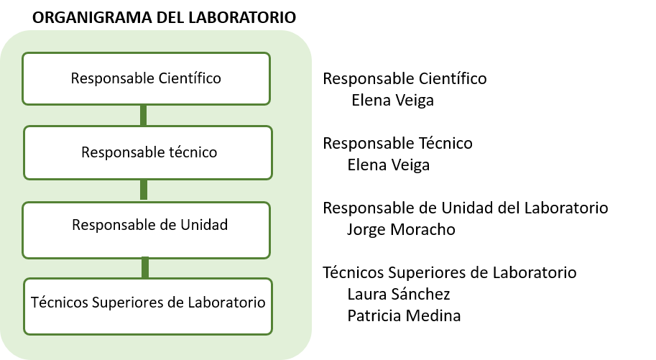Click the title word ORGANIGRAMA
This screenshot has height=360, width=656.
92,17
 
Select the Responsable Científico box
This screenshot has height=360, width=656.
146,78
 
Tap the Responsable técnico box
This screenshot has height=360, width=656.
148,152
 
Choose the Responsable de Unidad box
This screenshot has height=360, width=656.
146,230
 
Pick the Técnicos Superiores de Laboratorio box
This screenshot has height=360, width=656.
148,306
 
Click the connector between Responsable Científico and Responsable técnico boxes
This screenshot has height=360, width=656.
144,115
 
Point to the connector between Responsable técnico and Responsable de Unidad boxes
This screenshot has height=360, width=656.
144,190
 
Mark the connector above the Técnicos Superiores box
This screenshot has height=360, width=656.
145,268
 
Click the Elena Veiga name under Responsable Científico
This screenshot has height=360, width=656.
392,101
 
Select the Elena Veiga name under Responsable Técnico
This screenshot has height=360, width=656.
388,165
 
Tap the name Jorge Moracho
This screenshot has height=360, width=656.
401,230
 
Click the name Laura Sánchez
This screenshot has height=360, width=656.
398,295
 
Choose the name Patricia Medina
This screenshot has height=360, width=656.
404,315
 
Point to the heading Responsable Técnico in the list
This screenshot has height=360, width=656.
397,143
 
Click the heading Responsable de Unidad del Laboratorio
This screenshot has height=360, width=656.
465,208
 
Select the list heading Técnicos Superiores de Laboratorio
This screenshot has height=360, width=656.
449,272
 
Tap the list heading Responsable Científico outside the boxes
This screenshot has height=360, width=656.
405,79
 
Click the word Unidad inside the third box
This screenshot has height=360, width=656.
204,225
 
